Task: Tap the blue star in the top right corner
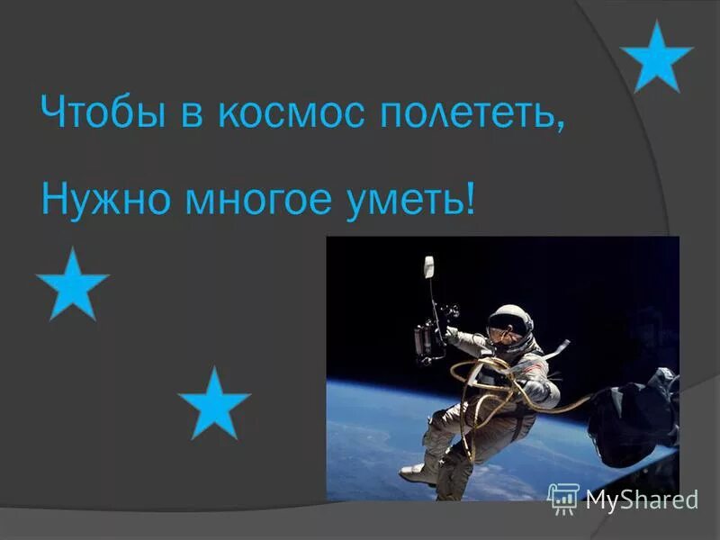[657, 58]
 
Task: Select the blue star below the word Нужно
[73, 285]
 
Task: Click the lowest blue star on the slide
[214, 404]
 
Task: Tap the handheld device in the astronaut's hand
[425, 339]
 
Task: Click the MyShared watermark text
[642, 499]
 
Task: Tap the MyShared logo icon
[563, 498]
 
